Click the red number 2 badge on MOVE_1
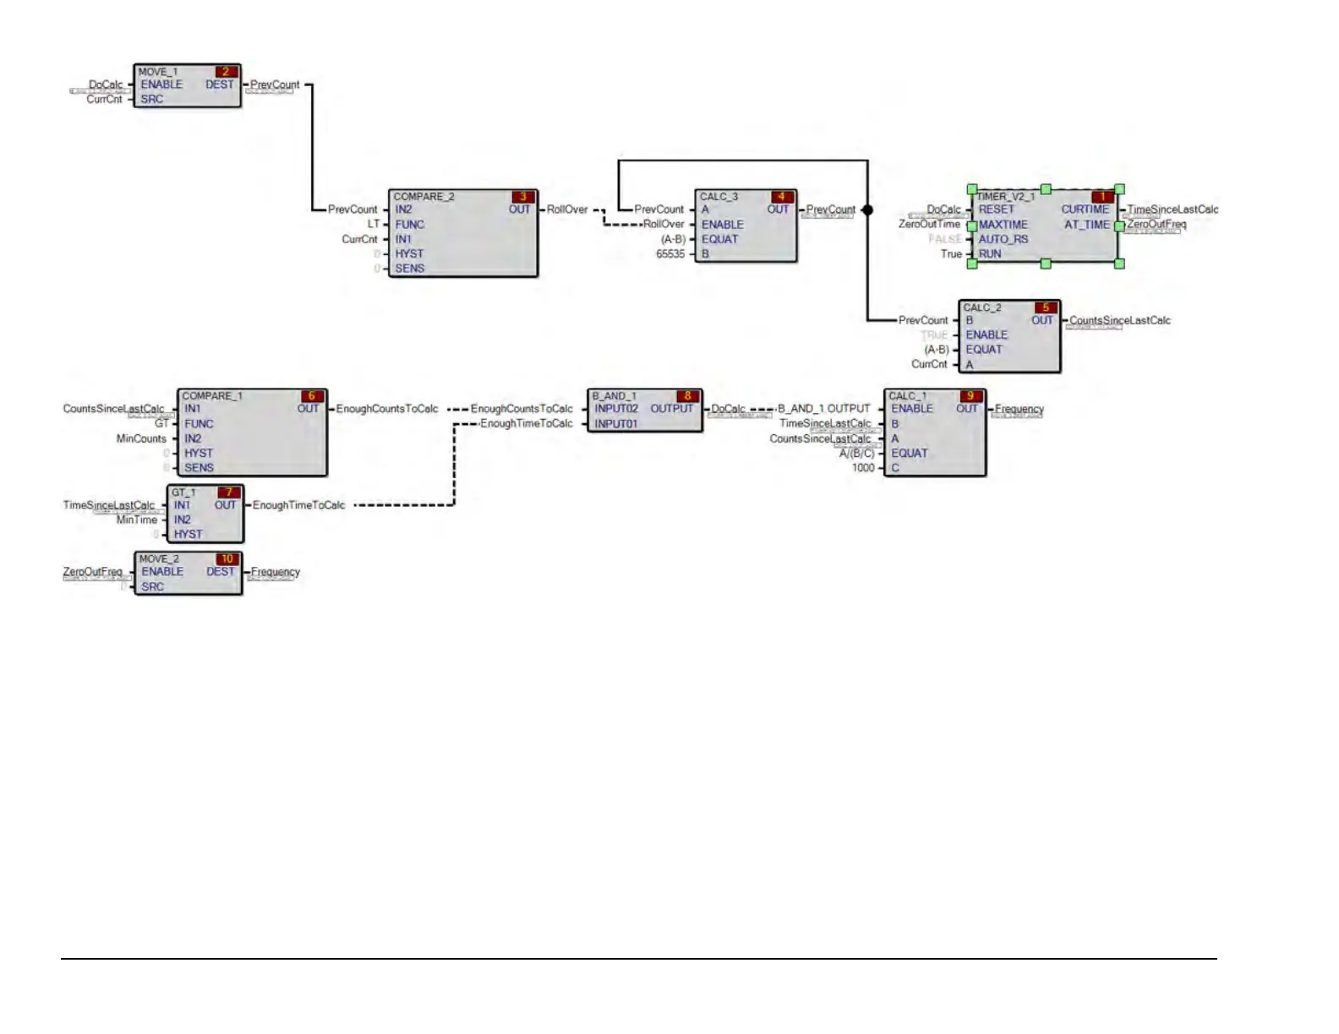coord(226,72)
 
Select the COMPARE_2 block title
coord(424,197)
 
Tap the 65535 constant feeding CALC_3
coord(670,254)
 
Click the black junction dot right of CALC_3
coord(867,210)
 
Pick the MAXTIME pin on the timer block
coord(1003,225)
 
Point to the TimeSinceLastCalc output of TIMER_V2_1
coord(1172,210)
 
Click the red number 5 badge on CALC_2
coord(1046,307)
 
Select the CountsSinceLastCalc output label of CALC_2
coord(1120,321)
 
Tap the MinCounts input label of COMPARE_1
coord(141,438)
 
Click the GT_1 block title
coord(183,493)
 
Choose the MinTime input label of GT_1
coord(137,520)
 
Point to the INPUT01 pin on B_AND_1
coord(615,424)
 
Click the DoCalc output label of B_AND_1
coord(728,409)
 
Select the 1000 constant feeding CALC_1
coord(863,468)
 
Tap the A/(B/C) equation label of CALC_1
coord(857,454)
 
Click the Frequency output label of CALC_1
coord(1019,409)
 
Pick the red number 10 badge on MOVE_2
coord(227,559)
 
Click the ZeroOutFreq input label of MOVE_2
coord(92,572)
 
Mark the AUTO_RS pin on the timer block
coord(1003,240)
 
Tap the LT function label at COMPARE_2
coord(374,225)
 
